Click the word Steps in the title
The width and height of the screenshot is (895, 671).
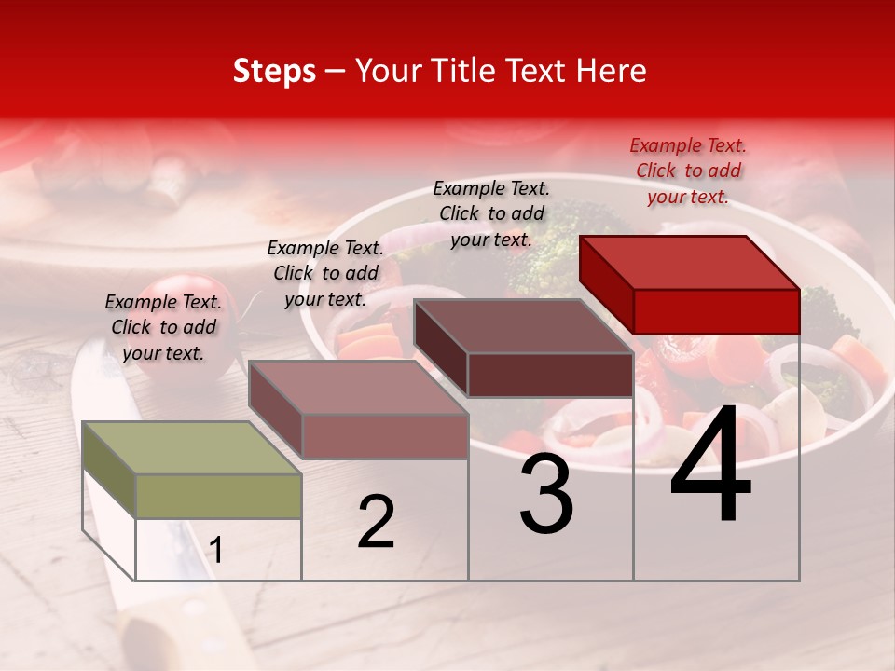274,71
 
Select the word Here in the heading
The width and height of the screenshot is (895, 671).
612,71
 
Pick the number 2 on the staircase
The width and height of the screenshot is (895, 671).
376,522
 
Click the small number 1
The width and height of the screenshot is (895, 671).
216,551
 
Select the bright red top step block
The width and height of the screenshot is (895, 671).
690,284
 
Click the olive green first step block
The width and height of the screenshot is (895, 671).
191,470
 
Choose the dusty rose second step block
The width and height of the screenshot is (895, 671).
359,410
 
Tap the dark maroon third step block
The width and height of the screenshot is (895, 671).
524,349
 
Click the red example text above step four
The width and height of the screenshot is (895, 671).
688,171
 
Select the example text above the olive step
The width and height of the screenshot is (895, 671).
163,327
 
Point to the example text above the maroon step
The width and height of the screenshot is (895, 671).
491,213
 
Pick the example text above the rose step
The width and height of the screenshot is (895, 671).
325,273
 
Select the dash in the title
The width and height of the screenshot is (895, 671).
336,72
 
